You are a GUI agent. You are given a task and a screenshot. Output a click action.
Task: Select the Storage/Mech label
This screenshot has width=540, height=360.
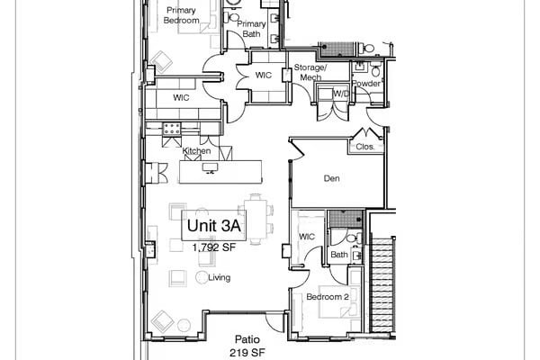coord(310,72)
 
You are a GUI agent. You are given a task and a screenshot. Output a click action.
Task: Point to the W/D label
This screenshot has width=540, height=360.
coord(341,93)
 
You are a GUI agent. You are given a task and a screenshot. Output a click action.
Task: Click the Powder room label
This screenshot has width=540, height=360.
coord(366,82)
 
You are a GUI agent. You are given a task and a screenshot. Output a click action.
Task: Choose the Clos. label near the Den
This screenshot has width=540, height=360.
coord(364,146)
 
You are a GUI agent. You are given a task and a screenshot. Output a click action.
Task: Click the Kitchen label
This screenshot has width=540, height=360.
coord(196,151)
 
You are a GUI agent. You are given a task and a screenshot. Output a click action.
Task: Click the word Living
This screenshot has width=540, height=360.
coord(220,277)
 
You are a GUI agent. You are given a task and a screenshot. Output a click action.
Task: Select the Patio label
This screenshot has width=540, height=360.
coord(247,339)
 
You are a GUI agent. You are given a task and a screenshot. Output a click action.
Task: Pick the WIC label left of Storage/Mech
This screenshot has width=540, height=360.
coord(264,76)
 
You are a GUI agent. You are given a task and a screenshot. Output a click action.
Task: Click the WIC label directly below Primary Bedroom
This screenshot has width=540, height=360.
coord(181,96)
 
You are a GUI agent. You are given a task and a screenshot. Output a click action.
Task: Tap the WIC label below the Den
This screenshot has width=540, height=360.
coord(305,238)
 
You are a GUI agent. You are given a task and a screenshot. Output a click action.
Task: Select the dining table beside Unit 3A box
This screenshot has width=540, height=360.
coord(258,220)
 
